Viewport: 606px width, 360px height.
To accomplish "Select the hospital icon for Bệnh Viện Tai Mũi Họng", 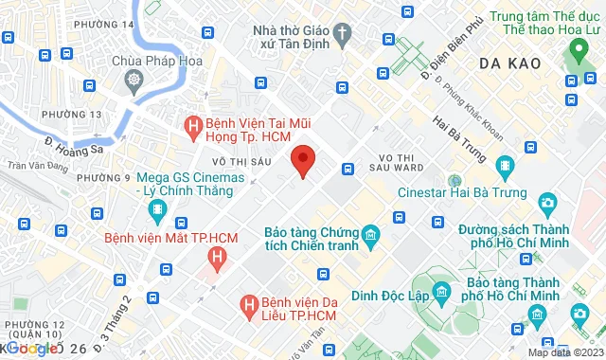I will tap(192, 124).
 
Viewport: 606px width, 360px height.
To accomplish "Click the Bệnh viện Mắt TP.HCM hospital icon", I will tap(219, 256).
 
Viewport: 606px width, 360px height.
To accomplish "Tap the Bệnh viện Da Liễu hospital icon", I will tap(249, 304).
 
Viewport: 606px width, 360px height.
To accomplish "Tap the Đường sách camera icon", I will tap(547, 202).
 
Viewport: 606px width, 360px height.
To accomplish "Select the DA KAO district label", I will tap(509, 63).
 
